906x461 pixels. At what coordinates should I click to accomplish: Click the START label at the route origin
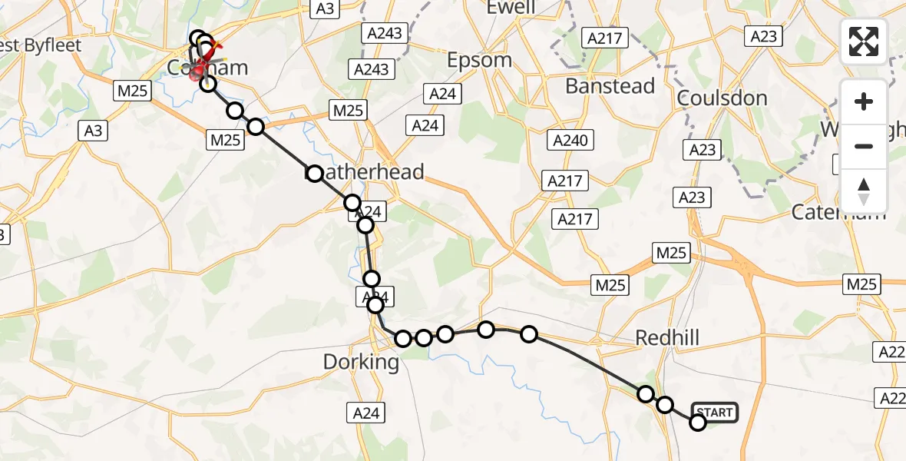click(x=715, y=413)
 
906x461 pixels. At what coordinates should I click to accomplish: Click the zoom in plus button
click(x=864, y=101)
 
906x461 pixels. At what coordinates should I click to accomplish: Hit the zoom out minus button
click(x=864, y=146)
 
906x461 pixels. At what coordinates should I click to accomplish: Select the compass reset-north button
click(x=864, y=191)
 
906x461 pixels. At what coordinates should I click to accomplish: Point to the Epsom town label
click(x=479, y=60)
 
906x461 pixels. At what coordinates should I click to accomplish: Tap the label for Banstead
click(x=610, y=86)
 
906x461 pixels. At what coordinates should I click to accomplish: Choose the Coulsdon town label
click(x=722, y=98)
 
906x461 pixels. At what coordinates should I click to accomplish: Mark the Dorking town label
click(x=361, y=362)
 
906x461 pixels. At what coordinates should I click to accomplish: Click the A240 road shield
click(x=570, y=141)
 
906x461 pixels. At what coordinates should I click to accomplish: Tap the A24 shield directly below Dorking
click(x=365, y=413)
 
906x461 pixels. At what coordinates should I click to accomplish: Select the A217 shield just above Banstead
click(x=605, y=38)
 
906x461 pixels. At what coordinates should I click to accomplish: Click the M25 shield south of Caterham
click(x=861, y=284)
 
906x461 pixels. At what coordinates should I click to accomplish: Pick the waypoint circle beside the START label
click(x=698, y=422)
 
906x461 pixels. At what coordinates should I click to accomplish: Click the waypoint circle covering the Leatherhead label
click(x=314, y=174)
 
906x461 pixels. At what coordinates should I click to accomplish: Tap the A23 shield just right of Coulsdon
click(x=763, y=36)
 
